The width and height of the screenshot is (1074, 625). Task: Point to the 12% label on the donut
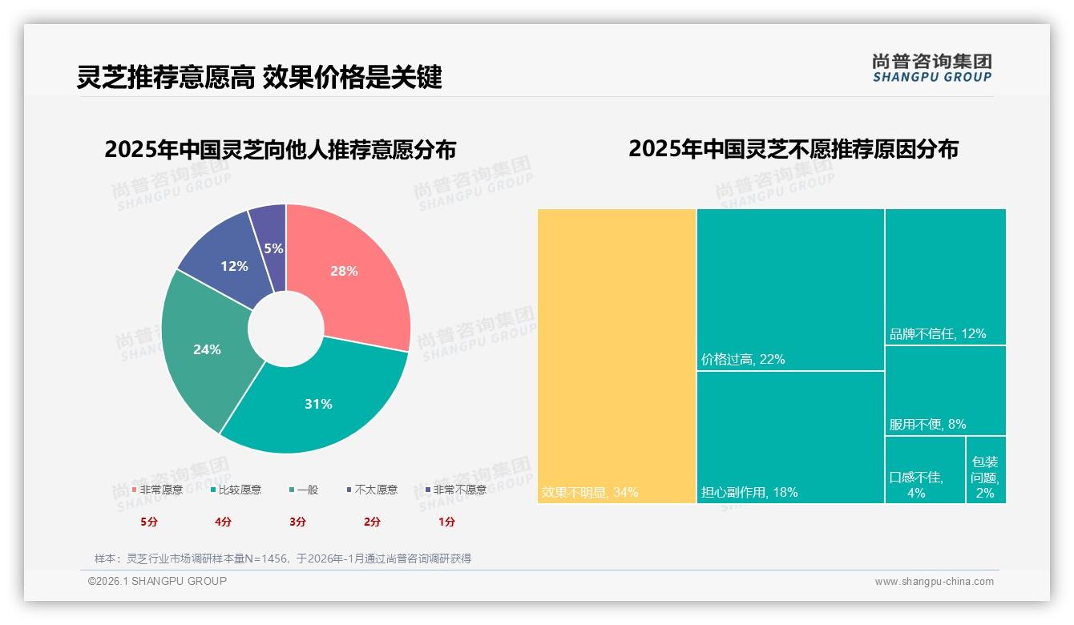click(x=234, y=266)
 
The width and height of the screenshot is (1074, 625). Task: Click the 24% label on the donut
click(x=207, y=349)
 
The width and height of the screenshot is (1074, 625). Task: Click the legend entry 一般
click(x=304, y=490)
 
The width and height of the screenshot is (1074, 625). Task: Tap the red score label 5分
click(x=149, y=522)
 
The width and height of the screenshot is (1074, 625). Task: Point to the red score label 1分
click(x=446, y=522)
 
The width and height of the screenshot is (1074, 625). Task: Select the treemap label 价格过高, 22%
click(x=743, y=360)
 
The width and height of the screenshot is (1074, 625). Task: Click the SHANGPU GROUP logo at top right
click(x=931, y=67)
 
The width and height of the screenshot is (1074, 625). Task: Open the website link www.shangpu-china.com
click(x=934, y=582)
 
